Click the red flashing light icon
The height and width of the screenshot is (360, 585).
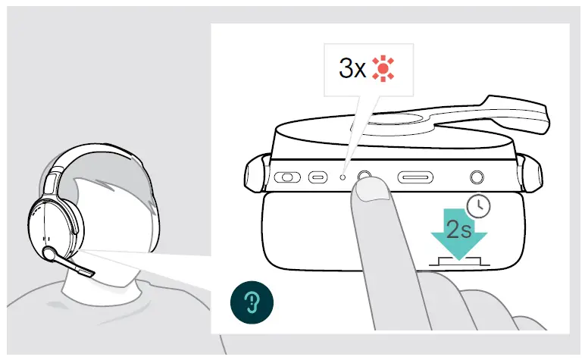coord(385,70)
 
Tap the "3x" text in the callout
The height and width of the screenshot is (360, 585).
coord(352,70)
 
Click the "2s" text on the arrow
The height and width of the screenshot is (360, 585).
coord(458,230)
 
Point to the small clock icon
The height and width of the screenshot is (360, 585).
coord(477,205)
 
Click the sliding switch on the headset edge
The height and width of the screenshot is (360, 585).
coord(287,178)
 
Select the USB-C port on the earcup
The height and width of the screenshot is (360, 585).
coord(316,178)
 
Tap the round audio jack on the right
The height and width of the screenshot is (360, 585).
coord(476,177)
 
